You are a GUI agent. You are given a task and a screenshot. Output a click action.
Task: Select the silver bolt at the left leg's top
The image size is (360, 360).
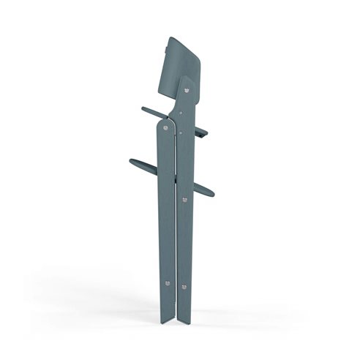pyautogui.click(x=166, y=128)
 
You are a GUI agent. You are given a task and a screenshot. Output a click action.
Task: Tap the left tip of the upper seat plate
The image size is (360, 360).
pyautogui.click(x=138, y=110)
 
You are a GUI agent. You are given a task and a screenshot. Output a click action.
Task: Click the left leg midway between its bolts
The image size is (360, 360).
pyautogui.click(x=166, y=205)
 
